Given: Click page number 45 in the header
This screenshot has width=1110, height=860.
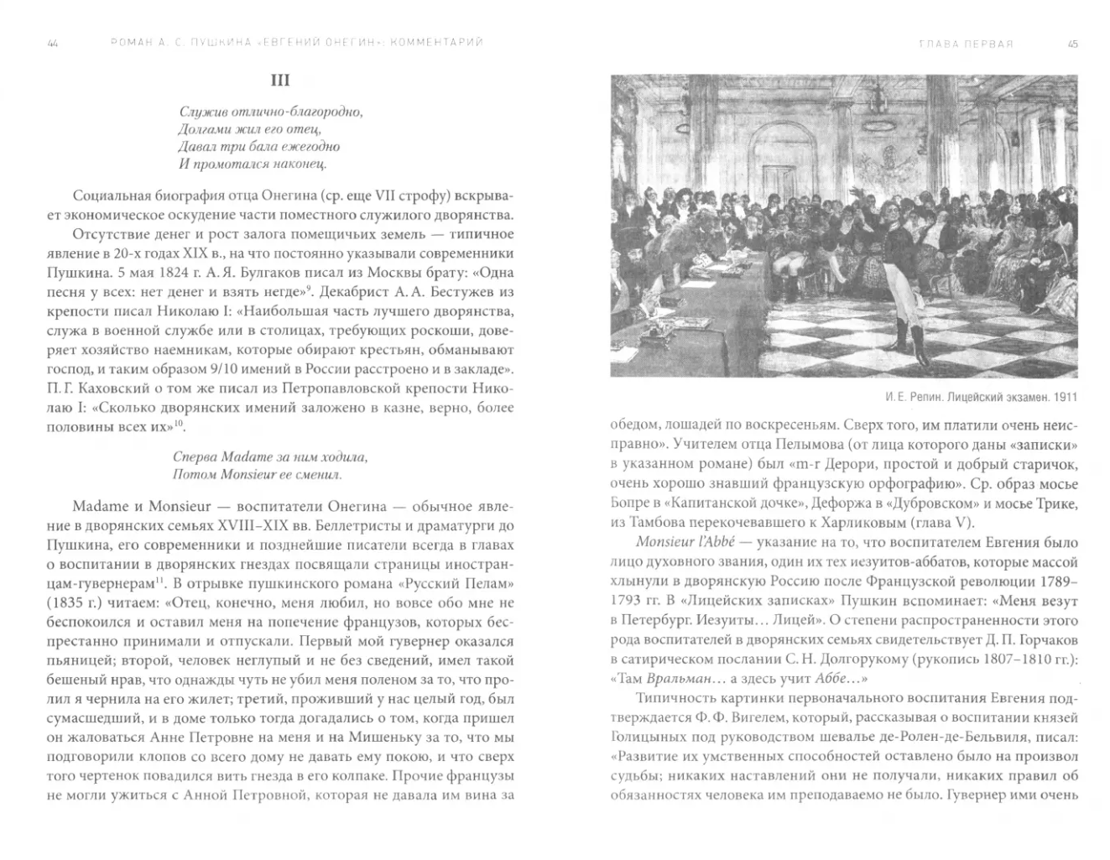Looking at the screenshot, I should point(1072,43).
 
